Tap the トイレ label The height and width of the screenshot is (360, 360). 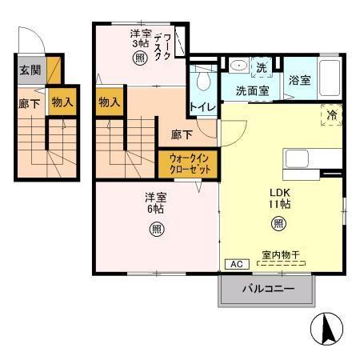tap(201, 106)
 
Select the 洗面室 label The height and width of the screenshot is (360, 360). tap(251, 90)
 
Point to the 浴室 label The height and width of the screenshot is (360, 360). tap(300, 81)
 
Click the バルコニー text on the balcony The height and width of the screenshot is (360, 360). tap(267, 288)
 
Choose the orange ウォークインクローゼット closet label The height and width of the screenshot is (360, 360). tap(189, 166)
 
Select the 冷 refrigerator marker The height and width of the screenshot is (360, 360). tap(332, 115)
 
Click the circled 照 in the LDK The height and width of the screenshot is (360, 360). tap(278, 225)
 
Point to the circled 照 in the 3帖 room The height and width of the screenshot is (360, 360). tap(140, 58)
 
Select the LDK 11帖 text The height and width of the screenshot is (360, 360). tap(278, 198)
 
